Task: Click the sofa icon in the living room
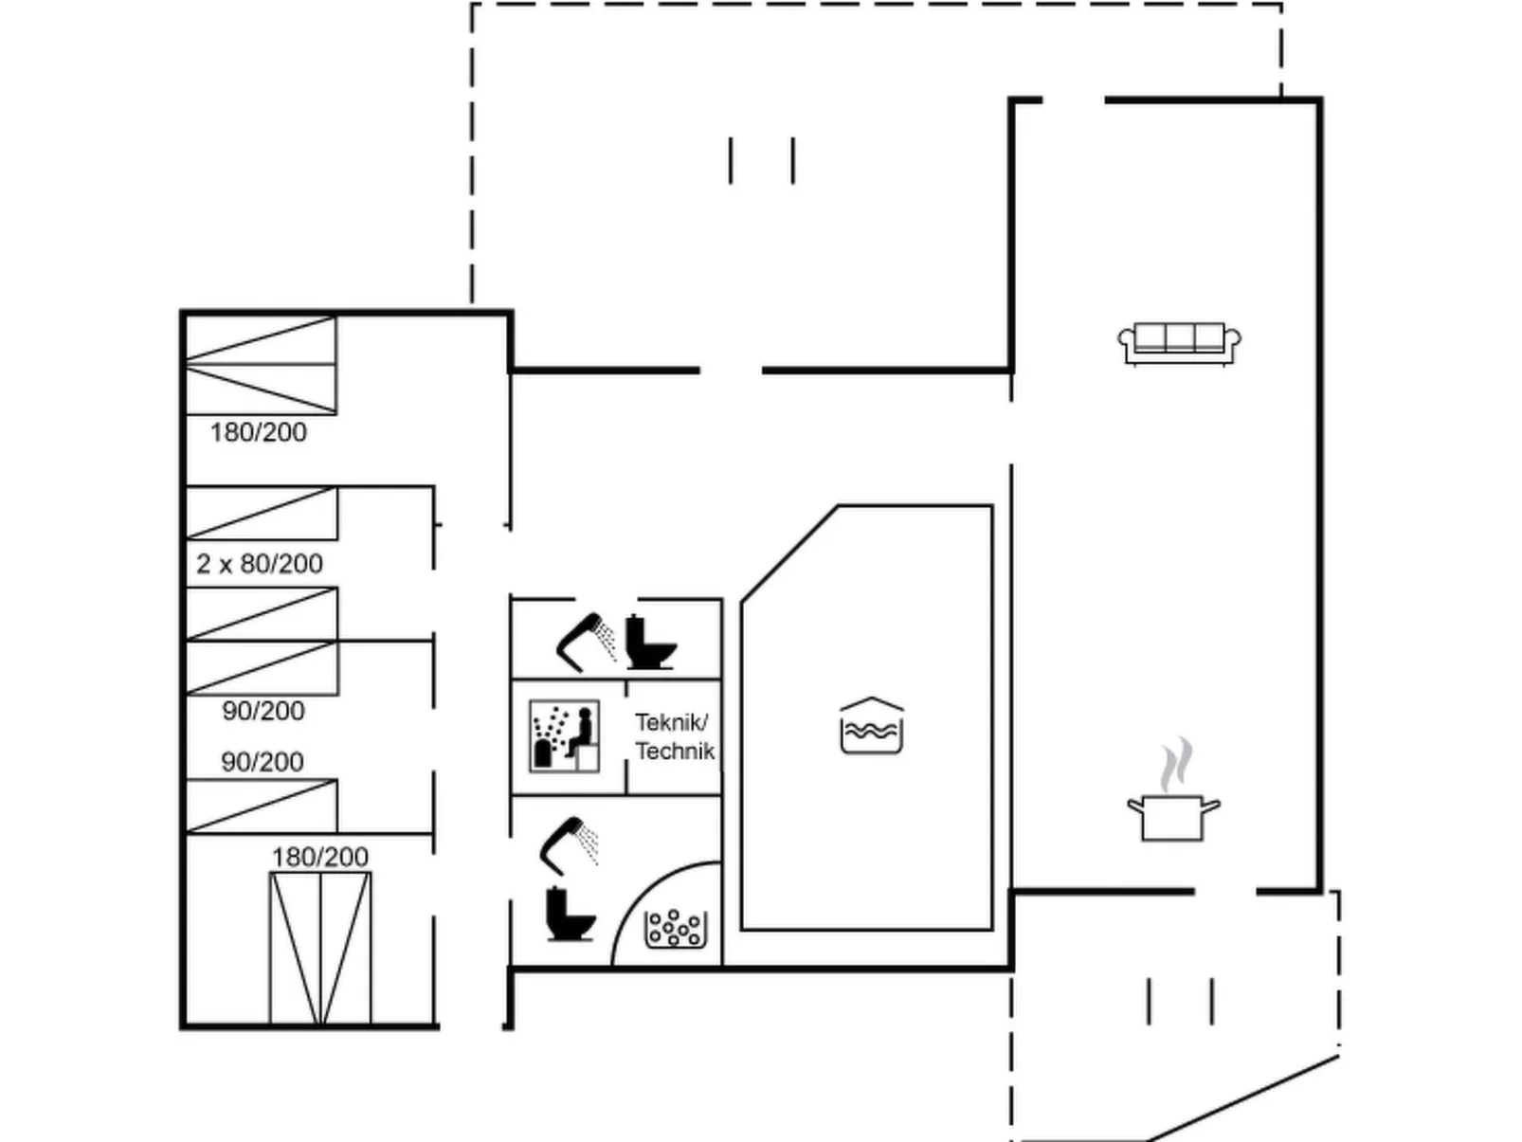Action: click(x=1179, y=343)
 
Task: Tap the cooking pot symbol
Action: click(x=1172, y=818)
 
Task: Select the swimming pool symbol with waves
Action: click(x=872, y=725)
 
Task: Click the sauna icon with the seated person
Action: click(x=565, y=735)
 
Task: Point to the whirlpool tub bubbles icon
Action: click(x=676, y=929)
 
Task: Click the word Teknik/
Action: click(x=671, y=723)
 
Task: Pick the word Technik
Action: click(x=675, y=751)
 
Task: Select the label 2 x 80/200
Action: click(x=260, y=564)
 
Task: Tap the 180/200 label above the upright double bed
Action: click(x=319, y=857)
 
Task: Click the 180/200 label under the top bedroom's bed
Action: click(x=258, y=433)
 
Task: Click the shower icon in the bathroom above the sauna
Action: click(x=586, y=642)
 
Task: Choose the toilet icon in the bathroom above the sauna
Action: click(x=650, y=642)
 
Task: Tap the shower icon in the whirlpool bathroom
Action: click(x=569, y=846)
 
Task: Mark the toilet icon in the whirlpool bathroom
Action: click(x=571, y=914)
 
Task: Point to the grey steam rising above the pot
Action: click(x=1177, y=764)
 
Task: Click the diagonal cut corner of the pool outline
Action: click(x=789, y=553)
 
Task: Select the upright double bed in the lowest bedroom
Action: click(x=320, y=949)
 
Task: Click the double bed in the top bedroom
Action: click(x=262, y=366)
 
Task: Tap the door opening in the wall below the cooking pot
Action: click(x=1225, y=891)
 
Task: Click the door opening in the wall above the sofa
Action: click(x=1074, y=100)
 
